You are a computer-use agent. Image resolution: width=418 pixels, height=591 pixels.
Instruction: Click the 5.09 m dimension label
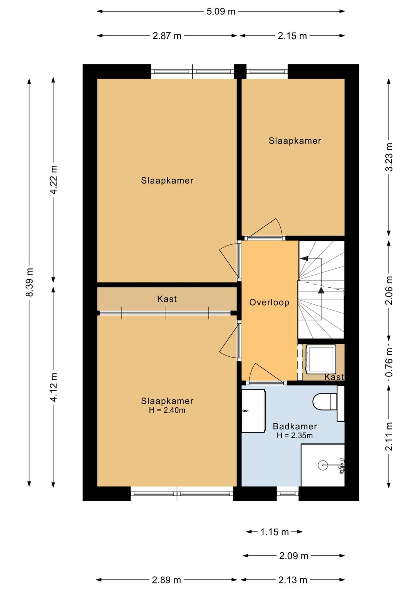pyautogui.click(x=221, y=11)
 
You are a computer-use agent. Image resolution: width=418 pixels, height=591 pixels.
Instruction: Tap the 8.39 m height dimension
pyautogui.click(x=29, y=282)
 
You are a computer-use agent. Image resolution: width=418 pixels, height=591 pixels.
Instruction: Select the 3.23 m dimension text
pyautogui.click(x=389, y=157)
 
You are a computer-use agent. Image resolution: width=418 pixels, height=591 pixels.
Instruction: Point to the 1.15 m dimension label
pyautogui.click(x=274, y=532)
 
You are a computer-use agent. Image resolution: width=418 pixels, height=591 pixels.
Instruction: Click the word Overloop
pyautogui.click(x=269, y=302)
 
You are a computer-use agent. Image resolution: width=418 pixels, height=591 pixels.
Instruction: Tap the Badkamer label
pyautogui.click(x=295, y=426)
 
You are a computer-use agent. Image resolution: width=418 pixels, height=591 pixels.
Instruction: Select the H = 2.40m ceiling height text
pyautogui.click(x=167, y=410)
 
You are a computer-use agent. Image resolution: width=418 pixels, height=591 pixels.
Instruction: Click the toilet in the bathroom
pyautogui.click(x=325, y=402)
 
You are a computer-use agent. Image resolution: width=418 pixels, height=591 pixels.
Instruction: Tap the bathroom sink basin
pyautogui.click(x=253, y=411)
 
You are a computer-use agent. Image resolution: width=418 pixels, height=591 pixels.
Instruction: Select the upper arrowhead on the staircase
pyautogui.click(x=304, y=258)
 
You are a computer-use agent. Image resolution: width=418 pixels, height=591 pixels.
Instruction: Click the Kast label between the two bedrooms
pyautogui.click(x=167, y=299)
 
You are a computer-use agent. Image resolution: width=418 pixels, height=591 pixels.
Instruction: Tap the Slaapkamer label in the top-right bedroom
pyautogui.click(x=295, y=141)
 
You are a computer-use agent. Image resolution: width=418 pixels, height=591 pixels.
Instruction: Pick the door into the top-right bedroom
pyautogui.click(x=265, y=228)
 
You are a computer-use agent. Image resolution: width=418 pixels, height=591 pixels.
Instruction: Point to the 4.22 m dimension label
pyautogui.click(x=53, y=179)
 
